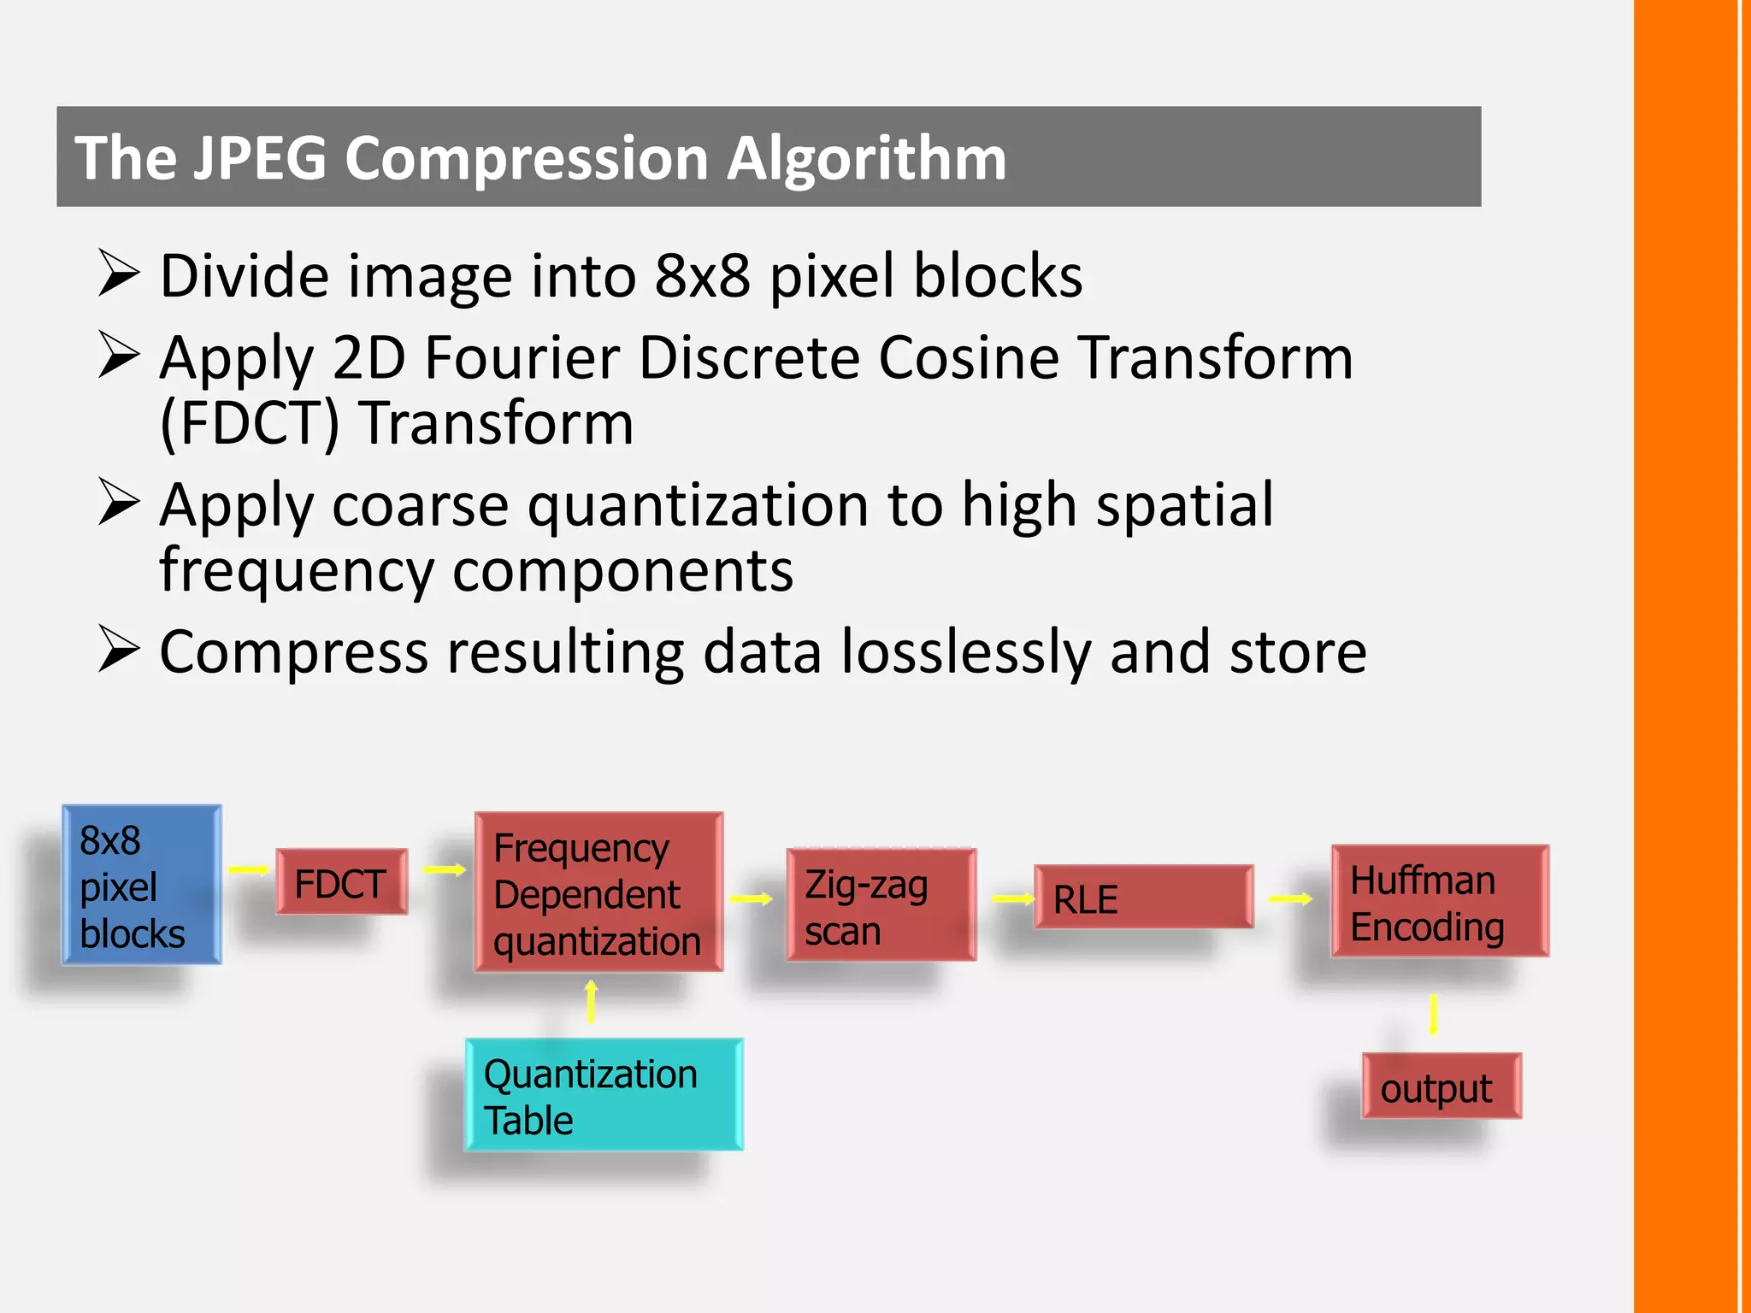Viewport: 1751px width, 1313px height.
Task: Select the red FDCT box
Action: pos(341,881)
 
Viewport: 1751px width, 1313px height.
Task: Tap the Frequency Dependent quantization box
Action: pos(598,892)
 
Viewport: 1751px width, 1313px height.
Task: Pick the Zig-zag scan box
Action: pos(881,904)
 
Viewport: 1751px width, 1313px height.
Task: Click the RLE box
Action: pos(1143,897)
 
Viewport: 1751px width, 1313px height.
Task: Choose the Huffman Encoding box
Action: pos(1440,901)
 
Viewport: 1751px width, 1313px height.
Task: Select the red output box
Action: pos(1441,1086)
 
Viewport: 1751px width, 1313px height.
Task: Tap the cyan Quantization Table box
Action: pos(604,1094)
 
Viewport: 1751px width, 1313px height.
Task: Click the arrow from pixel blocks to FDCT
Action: pos(249,870)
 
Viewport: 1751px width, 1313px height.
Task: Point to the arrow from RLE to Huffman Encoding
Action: pos(1290,898)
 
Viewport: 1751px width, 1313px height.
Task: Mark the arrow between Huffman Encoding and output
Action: pos(1434,1015)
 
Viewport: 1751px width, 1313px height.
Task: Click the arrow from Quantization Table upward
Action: pos(591,1002)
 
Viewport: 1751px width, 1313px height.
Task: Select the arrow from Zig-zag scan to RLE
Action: pos(1013,898)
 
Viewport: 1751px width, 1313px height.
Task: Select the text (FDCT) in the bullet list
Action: pos(250,423)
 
